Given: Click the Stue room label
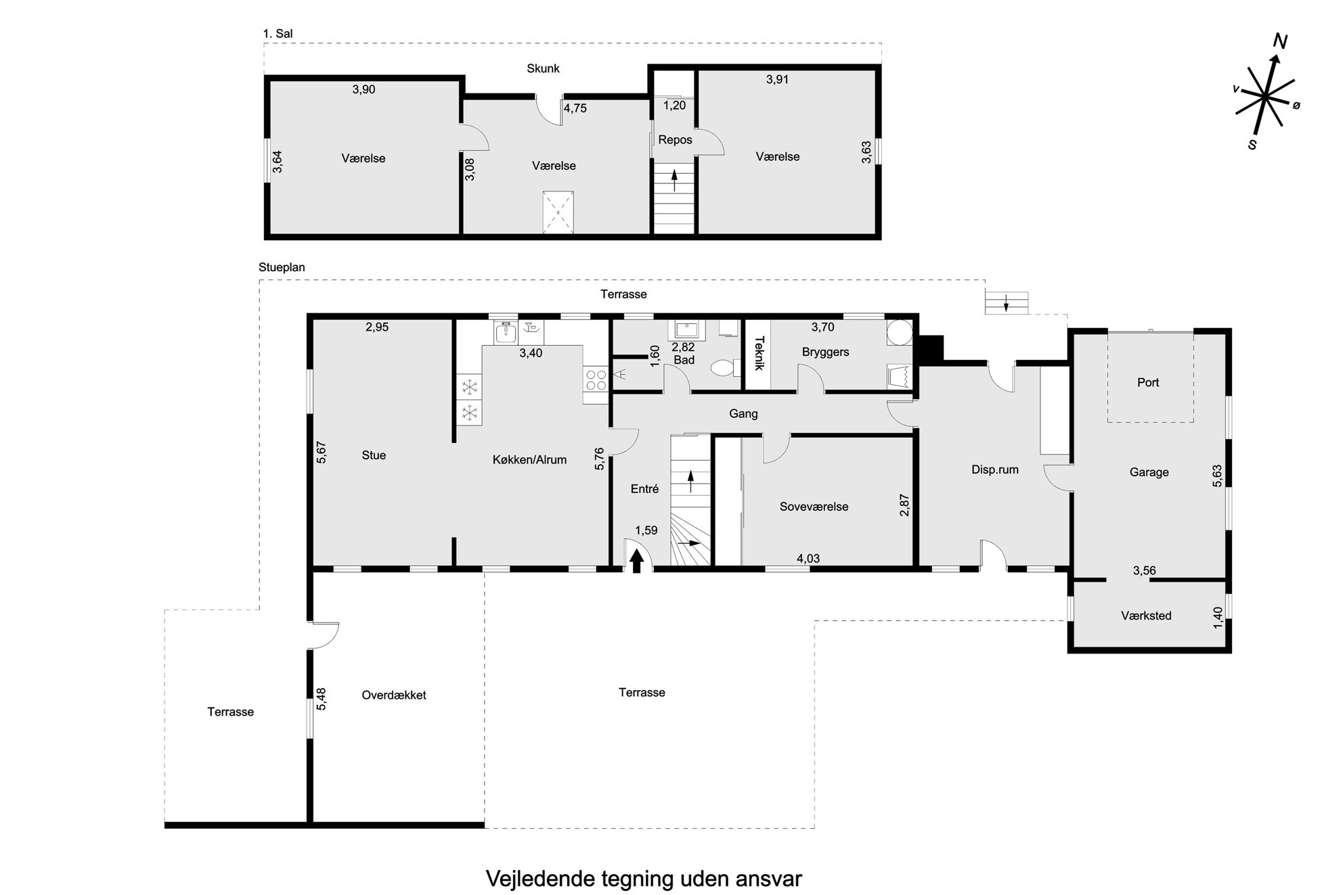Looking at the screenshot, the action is [374, 455].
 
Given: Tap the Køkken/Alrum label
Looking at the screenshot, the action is [529, 460].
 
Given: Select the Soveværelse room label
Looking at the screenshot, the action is [814, 507].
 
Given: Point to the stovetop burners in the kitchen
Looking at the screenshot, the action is [596, 380].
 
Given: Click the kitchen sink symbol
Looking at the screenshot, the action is [505, 333].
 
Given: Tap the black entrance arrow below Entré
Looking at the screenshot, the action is [636, 561].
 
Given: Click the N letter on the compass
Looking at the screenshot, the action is [1279, 42].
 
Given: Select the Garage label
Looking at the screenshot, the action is [1149, 472].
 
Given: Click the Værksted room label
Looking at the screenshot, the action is [1146, 616].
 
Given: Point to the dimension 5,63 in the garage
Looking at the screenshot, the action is [1217, 476].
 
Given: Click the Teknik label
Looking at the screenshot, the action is [759, 353].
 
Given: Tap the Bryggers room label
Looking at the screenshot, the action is [825, 352].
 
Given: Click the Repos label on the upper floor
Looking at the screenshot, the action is [675, 140].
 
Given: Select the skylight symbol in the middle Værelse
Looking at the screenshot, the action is [558, 212].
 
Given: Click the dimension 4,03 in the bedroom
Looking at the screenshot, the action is [808, 558].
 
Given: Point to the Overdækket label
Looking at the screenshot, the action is [394, 695].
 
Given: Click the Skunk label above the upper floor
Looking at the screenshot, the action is [543, 68].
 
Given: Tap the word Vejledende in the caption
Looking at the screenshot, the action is [540, 879].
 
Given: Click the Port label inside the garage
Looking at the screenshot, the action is [1148, 382].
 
